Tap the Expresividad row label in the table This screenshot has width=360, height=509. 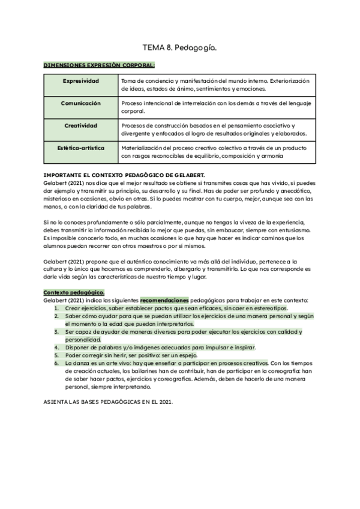(81, 80)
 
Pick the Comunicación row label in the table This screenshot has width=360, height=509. (81, 103)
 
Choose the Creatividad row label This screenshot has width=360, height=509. (81, 125)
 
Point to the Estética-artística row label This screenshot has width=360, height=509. (81, 147)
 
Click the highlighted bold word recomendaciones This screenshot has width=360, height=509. (164, 300)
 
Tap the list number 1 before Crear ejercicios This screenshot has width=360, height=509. (56, 308)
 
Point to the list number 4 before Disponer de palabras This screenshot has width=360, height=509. (56, 347)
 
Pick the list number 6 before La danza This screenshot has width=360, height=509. (56, 363)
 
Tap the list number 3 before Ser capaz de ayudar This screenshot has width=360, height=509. (56, 331)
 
